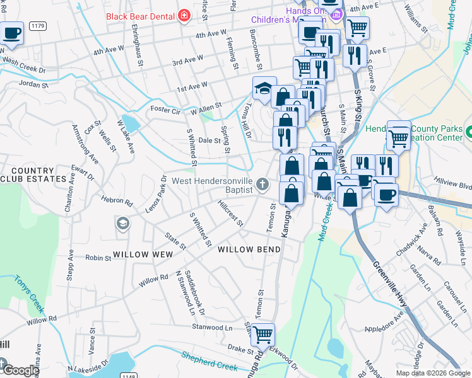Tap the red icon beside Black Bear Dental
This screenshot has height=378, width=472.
tap(184, 16)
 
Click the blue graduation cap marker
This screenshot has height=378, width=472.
tap(264, 88)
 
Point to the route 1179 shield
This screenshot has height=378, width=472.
tap(37, 25)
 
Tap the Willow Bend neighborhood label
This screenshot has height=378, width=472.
tap(249, 249)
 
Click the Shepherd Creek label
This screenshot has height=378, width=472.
tap(209, 364)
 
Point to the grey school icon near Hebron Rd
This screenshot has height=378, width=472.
tap(122, 223)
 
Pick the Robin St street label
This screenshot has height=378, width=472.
tap(98, 258)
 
